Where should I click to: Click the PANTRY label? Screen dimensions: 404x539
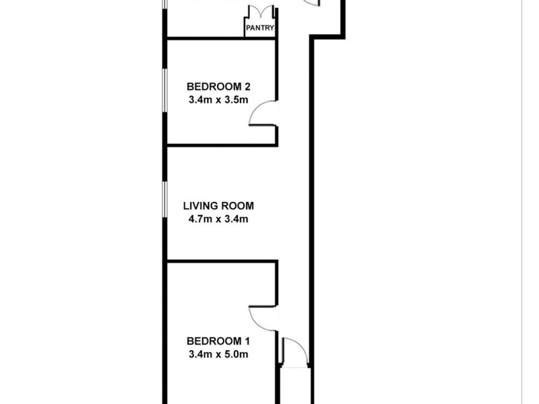coord(259,28)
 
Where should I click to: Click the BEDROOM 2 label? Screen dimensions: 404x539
coord(218,86)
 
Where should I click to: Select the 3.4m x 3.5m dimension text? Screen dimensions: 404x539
coord(218,100)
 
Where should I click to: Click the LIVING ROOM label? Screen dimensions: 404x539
coord(218,206)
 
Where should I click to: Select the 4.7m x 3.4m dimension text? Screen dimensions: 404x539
coord(218,219)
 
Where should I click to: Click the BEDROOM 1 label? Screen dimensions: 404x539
coord(218,340)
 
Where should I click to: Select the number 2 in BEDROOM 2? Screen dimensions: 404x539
coord(247,86)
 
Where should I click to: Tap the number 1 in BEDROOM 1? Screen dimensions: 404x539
coord(247,340)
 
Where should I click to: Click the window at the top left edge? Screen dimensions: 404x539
coord(164,13)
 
